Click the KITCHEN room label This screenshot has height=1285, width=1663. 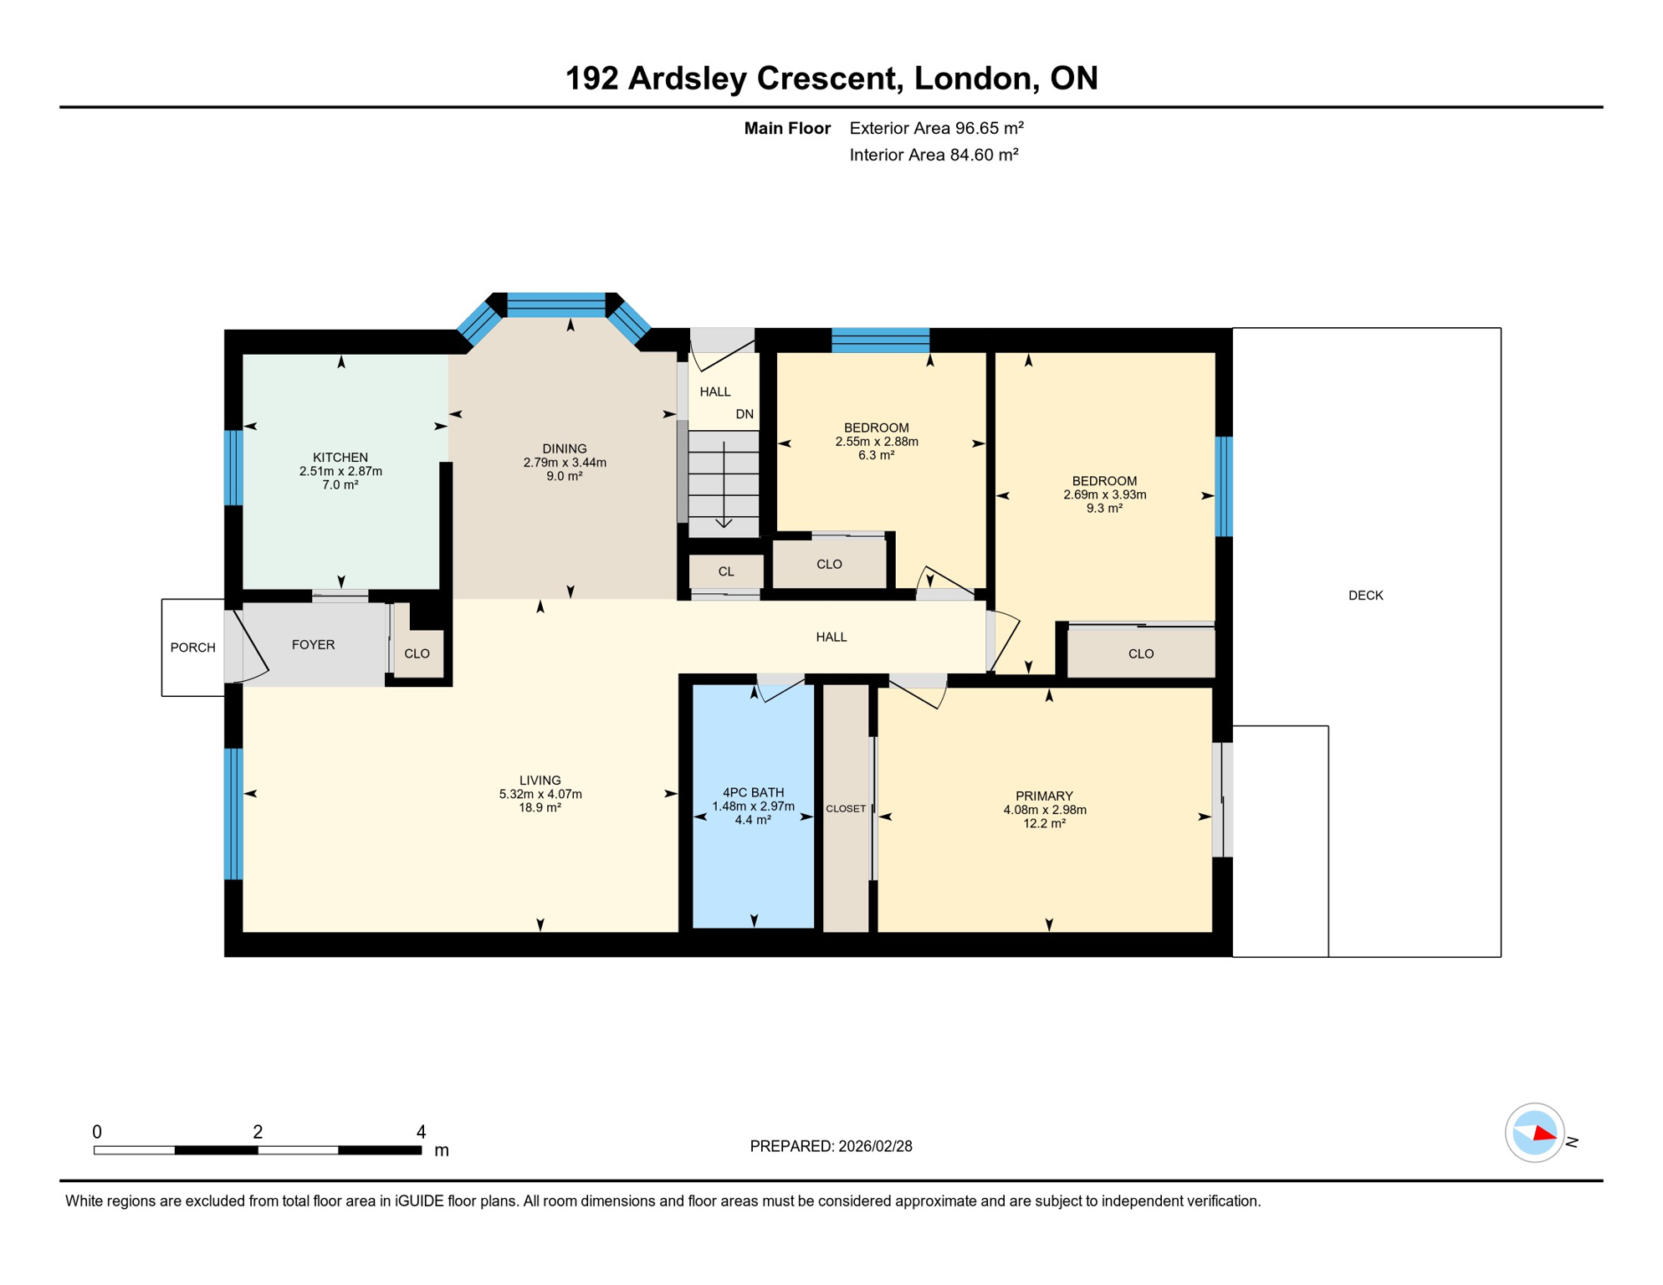340,458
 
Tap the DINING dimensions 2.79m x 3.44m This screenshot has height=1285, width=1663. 565,463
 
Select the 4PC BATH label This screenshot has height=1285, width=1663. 753,792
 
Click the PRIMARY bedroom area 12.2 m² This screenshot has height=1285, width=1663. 1044,824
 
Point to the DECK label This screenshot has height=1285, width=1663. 1365,596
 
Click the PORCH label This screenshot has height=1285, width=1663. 192,648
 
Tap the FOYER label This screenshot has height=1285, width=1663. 313,645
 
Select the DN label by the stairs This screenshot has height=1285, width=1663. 745,414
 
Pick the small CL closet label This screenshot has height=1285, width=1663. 726,572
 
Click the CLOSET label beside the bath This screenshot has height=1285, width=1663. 846,809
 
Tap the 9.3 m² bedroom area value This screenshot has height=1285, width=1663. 1104,509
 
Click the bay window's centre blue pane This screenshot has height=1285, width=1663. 556,305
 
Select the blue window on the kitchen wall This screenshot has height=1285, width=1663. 233,468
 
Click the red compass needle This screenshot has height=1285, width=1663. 1544,1135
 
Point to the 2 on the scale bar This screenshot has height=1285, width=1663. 258,1132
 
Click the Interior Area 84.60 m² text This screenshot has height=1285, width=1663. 934,155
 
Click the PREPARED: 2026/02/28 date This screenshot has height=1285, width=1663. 831,1146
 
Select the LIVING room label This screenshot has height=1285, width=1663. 540,781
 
